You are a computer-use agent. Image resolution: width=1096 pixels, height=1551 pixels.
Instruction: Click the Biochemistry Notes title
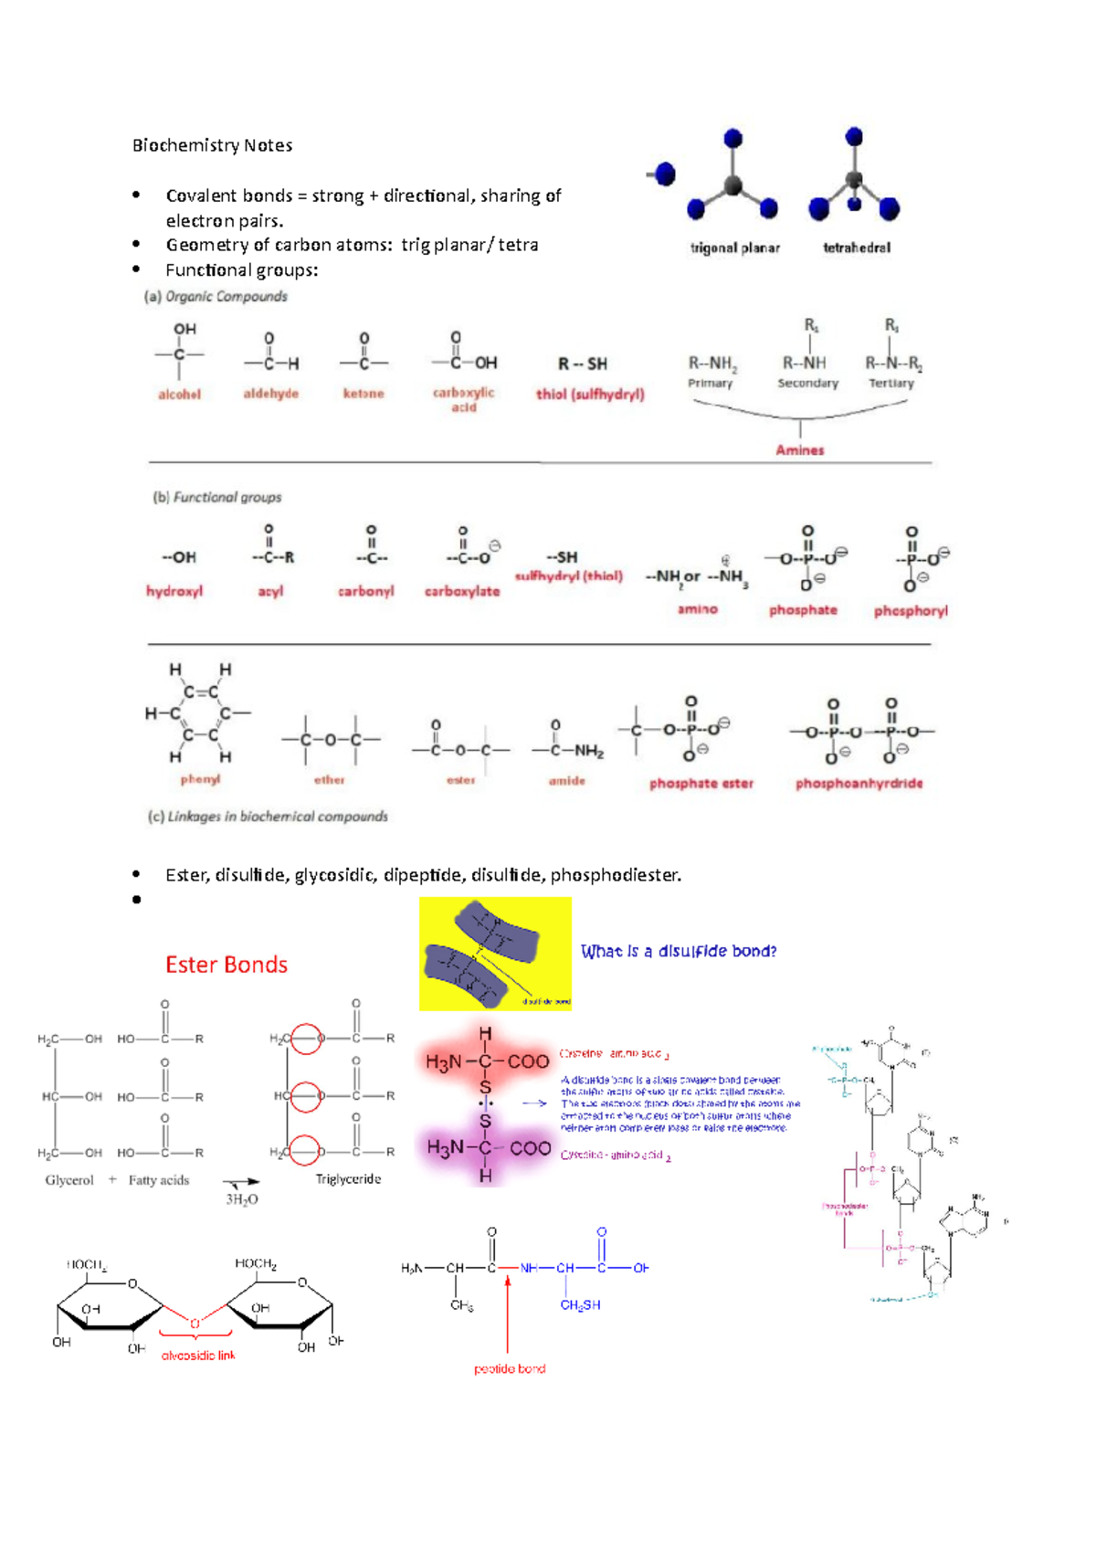coord(212,145)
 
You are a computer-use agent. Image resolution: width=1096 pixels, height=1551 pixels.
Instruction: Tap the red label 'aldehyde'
coord(270,394)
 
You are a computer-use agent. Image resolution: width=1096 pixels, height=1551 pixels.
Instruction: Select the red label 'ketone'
coord(364,394)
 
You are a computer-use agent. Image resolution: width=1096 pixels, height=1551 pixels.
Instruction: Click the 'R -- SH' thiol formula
coord(583,364)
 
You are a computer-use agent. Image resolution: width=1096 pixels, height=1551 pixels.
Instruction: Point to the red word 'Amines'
coord(799,450)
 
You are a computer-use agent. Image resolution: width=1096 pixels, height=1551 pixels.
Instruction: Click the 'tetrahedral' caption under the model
coord(856,248)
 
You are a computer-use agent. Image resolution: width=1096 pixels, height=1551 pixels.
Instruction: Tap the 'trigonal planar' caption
coord(734,248)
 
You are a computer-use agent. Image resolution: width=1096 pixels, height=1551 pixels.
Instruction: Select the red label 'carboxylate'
coord(462,592)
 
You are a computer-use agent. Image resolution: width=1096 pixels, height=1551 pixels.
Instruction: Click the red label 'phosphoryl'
coord(911,611)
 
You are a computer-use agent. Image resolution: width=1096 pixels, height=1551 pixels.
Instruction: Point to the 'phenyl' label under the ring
coord(200,779)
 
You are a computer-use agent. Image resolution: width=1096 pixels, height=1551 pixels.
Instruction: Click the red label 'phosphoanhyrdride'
coord(859,784)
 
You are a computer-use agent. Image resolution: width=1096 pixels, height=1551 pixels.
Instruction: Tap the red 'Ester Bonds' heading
coord(227,965)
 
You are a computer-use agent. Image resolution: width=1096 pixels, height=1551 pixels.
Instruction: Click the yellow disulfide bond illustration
coord(495,954)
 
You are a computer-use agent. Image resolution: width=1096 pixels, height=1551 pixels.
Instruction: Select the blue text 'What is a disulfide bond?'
coord(679,952)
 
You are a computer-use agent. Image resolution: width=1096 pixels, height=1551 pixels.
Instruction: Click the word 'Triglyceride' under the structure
coord(348,1179)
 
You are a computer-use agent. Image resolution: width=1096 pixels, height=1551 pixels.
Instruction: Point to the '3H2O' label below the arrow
coord(242,1199)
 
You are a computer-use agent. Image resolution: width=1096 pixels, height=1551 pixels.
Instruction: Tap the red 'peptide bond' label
coord(510,1368)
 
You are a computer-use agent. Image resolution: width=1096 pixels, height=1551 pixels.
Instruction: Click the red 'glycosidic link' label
coord(198,1356)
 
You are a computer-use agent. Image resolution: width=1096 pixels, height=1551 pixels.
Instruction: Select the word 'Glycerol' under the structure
coord(69,1180)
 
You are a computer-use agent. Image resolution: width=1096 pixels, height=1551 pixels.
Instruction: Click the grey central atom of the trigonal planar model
coord(733,186)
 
